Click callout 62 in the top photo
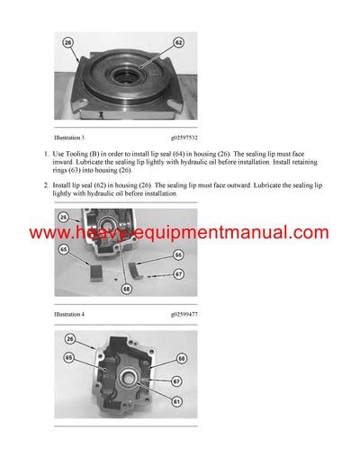tap(178, 42)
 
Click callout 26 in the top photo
tap(67, 42)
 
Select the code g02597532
tap(183, 139)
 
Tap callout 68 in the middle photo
tap(127, 289)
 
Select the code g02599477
tap(183, 315)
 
